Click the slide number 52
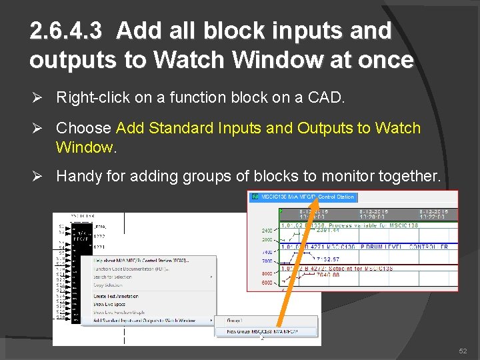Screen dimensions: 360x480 click(x=463, y=351)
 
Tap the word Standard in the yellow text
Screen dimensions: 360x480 click(x=179, y=127)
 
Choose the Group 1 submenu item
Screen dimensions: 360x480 click(x=234, y=320)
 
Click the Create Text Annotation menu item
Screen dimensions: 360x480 click(x=116, y=296)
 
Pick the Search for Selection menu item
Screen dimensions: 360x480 click(x=113, y=277)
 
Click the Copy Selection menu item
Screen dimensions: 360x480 click(x=109, y=284)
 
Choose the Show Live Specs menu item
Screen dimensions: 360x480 click(x=110, y=303)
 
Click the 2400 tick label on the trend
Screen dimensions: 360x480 click(x=267, y=231)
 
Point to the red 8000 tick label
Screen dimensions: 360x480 click(x=267, y=273)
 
